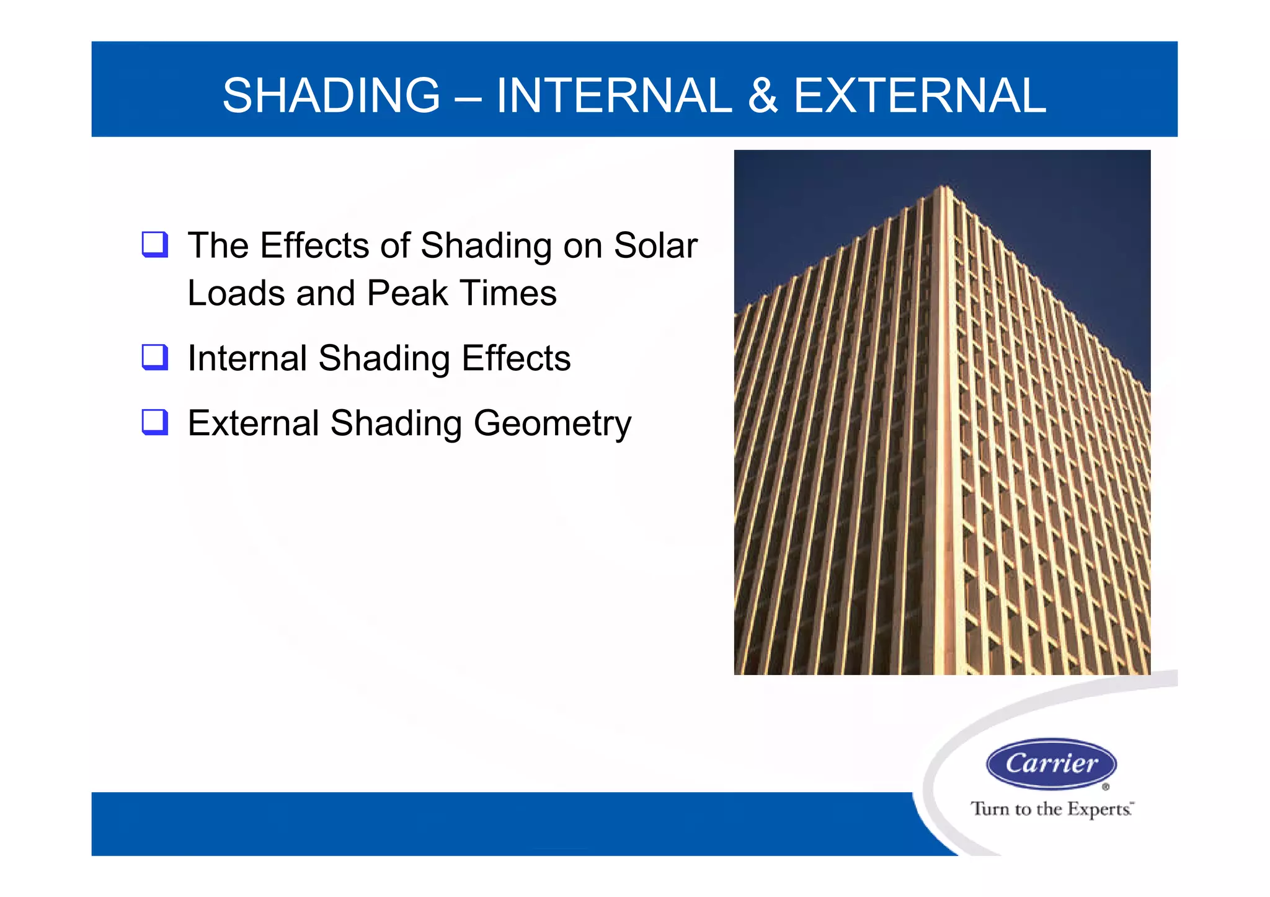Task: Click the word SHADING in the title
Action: [331, 95]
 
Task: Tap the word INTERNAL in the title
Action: [614, 95]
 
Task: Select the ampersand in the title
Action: [763, 95]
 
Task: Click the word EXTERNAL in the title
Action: [920, 95]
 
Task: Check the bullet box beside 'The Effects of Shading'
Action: [155, 244]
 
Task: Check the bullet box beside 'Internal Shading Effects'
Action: [155, 357]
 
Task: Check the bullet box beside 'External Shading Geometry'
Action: [155, 422]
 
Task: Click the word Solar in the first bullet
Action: [655, 245]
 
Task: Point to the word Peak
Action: [407, 293]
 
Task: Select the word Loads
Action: [236, 293]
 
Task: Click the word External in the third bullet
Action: [253, 423]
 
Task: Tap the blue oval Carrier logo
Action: [1051, 763]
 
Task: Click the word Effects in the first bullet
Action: [314, 245]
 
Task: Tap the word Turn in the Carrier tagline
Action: [990, 809]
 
